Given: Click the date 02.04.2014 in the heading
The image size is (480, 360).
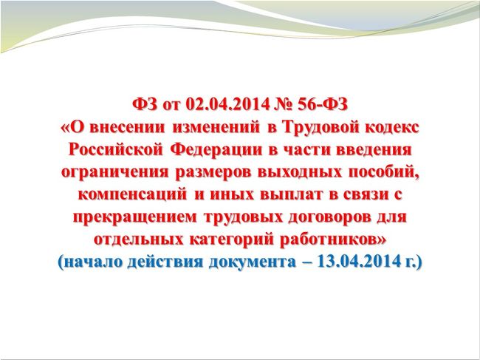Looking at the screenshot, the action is [x=227, y=105].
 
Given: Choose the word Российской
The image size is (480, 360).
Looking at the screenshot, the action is [x=115, y=150].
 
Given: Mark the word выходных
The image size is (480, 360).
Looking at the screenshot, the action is [x=299, y=172].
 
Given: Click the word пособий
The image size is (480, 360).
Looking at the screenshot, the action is [x=382, y=171].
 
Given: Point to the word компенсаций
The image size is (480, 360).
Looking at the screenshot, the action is [x=132, y=195].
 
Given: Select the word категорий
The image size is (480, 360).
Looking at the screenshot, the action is [x=231, y=240].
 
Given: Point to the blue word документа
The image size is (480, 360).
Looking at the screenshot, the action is [x=253, y=262].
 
